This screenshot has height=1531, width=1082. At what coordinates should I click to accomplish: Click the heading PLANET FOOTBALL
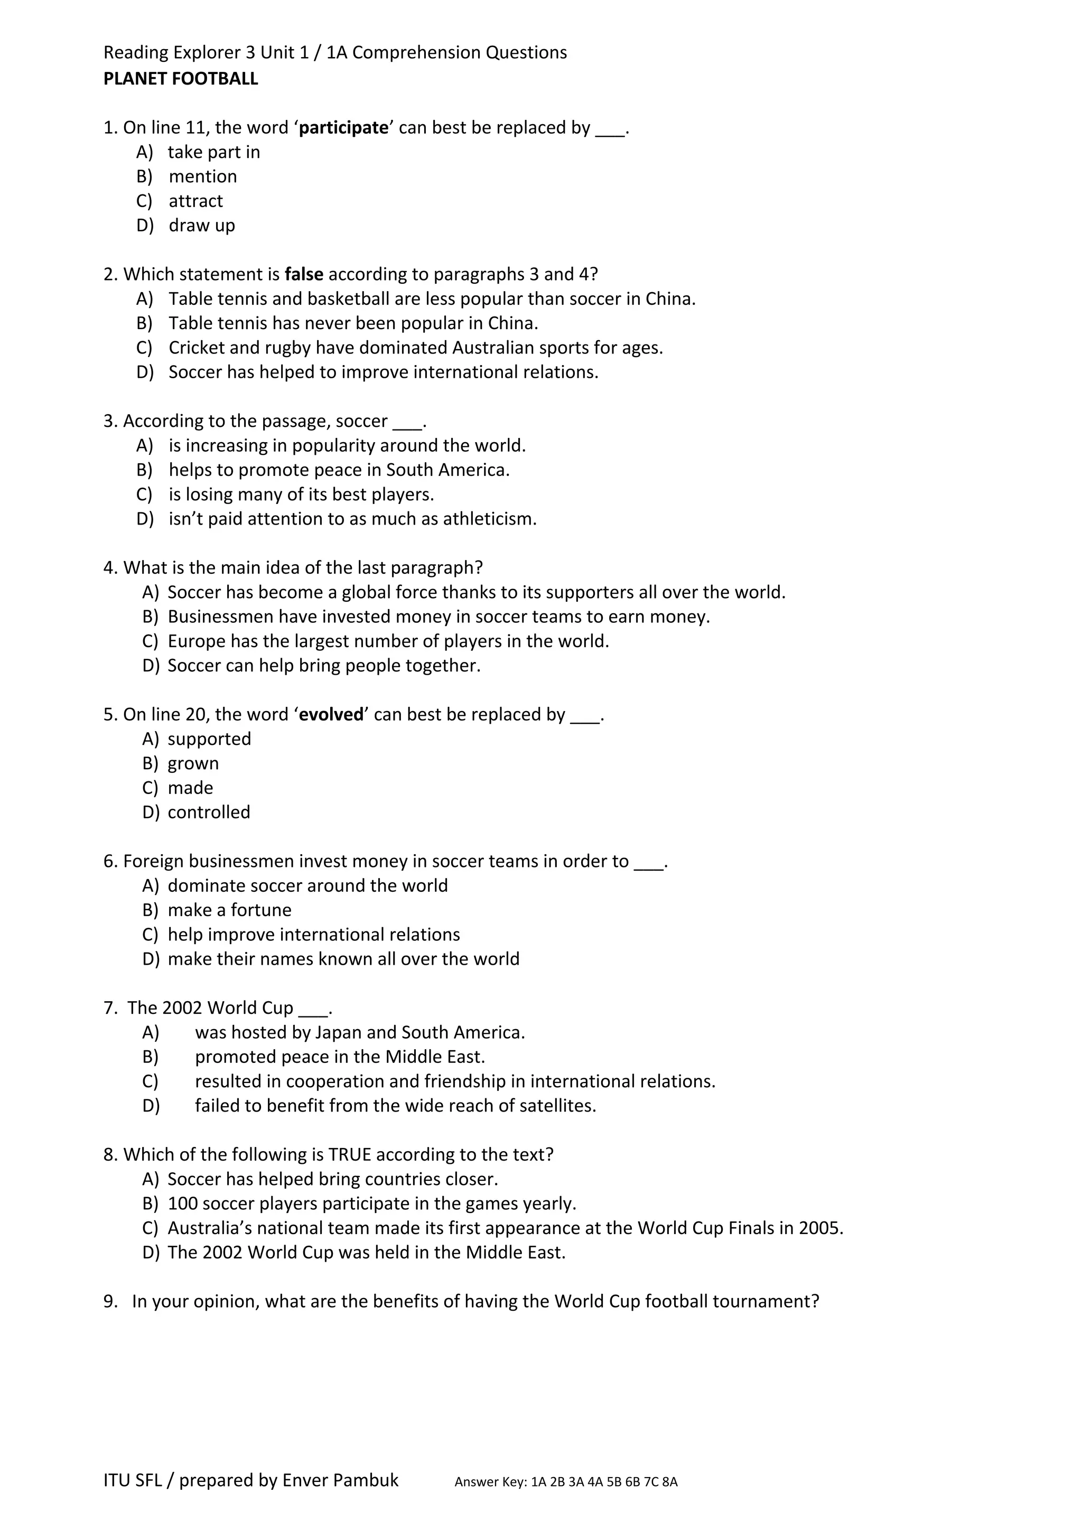[180, 79]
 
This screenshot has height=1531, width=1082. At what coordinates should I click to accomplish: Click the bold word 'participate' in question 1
[343, 127]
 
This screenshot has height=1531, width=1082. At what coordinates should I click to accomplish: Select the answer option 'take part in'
[213, 152]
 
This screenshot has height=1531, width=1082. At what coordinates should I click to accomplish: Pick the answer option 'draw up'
[201, 226]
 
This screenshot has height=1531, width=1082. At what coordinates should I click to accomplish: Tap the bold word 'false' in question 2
[304, 274]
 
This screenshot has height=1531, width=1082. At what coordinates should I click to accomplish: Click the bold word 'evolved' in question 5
[331, 715]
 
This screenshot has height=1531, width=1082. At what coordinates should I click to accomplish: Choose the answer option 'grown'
[193, 763]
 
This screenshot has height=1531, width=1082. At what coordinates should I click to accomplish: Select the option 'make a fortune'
[229, 910]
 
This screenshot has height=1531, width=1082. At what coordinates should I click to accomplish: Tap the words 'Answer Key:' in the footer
[491, 1501]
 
